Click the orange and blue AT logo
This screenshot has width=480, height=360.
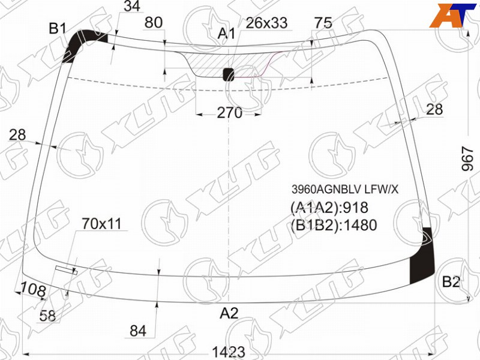(452, 16)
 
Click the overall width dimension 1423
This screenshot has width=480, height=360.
(229, 352)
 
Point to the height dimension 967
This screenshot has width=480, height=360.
(467, 158)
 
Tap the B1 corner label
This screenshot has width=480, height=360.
(58, 28)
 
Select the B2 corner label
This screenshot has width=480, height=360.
(451, 281)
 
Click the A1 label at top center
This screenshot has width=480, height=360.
(226, 33)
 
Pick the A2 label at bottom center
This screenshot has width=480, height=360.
(229, 313)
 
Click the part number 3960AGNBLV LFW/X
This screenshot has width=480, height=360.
(345, 190)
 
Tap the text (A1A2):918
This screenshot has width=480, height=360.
(329, 208)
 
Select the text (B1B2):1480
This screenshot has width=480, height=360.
(334, 225)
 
